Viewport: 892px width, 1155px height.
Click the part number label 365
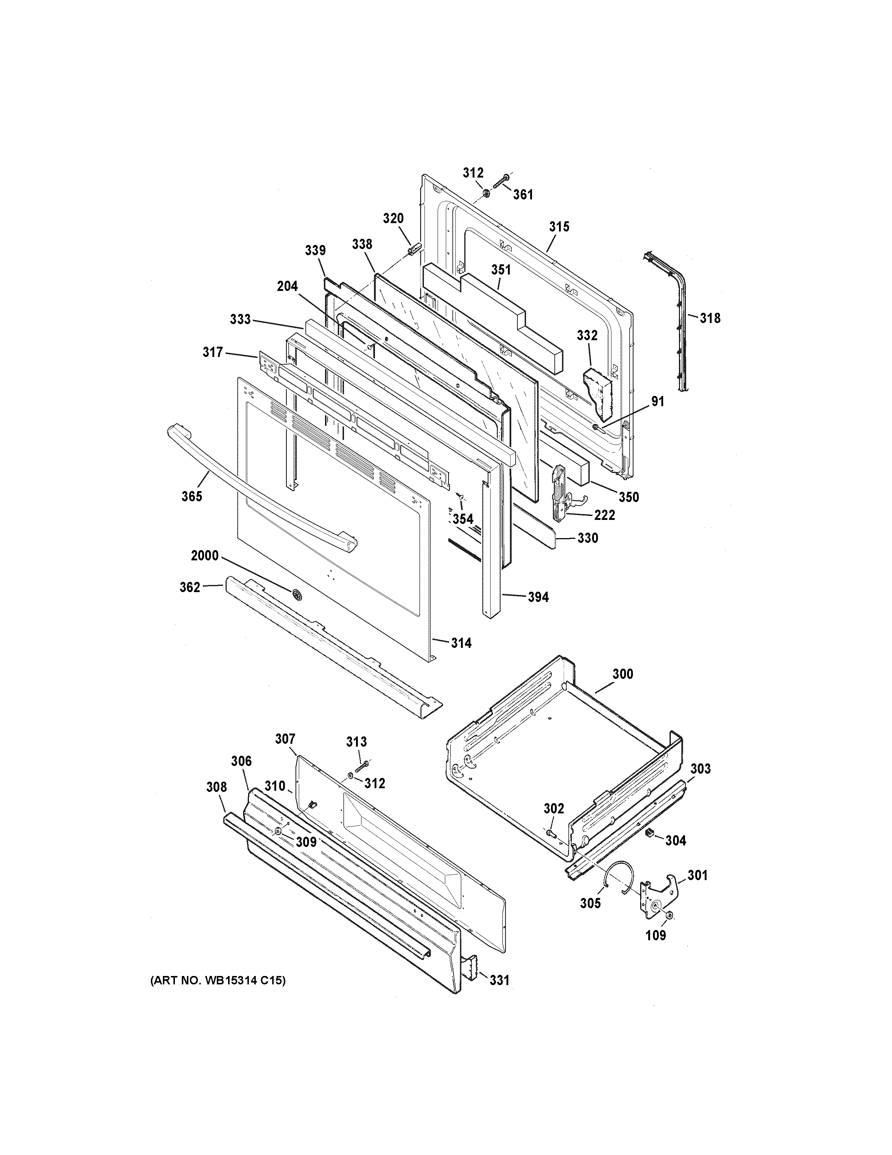(192, 496)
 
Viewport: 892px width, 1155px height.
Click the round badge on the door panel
(297, 595)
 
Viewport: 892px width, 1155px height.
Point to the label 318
(710, 318)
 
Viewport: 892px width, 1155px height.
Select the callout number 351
(501, 270)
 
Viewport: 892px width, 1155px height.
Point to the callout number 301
(697, 875)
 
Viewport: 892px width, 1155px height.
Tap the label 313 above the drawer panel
(357, 742)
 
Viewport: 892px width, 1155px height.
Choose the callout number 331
(499, 980)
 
